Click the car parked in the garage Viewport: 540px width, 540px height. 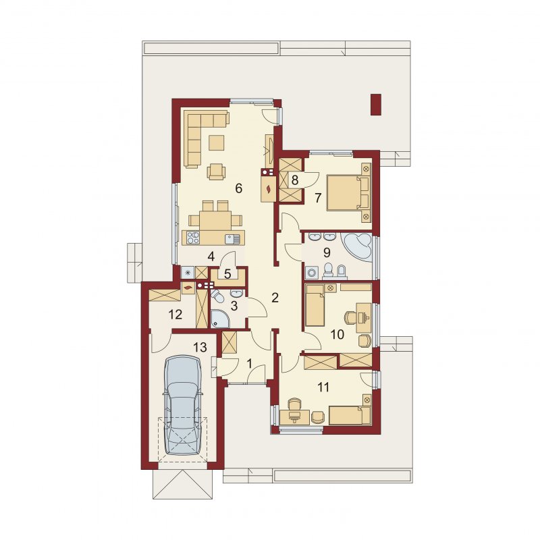tap(182, 406)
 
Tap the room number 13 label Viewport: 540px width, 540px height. tap(200, 347)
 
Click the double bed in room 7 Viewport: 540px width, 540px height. tap(348, 192)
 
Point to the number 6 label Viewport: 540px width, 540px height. tap(239, 188)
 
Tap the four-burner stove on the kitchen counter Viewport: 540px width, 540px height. tap(193, 238)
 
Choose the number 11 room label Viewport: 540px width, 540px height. tap(323, 387)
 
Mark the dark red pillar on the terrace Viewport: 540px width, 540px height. tap(376, 105)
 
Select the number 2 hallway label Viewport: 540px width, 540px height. tap(275, 298)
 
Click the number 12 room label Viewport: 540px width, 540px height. tap(175, 314)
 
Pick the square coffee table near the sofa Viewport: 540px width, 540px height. tap(216, 142)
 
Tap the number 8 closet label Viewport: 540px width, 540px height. tap(295, 180)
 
